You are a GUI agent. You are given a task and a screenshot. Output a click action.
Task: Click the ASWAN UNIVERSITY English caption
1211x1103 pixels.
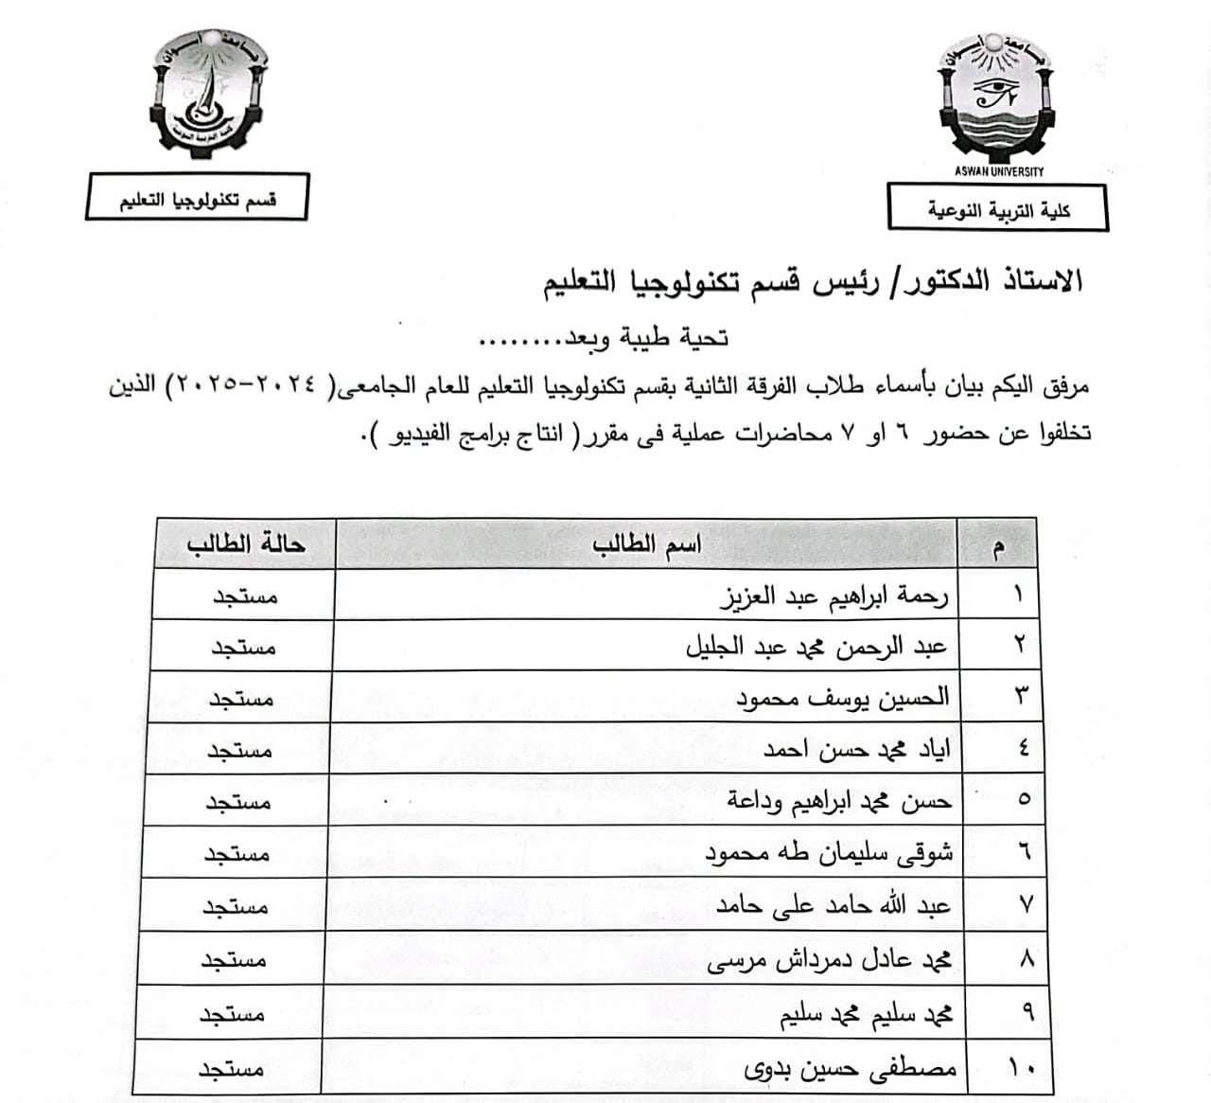pos(999,171)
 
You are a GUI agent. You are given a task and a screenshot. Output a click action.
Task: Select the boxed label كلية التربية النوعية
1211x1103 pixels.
pos(998,209)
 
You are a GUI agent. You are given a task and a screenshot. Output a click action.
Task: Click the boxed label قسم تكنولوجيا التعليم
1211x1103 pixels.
pos(197,199)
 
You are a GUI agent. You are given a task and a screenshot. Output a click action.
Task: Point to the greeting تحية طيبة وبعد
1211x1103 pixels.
pos(605,338)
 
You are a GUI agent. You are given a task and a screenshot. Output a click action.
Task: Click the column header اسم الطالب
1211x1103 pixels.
pos(647,544)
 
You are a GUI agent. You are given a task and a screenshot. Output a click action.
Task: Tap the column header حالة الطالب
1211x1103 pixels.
pos(245,544)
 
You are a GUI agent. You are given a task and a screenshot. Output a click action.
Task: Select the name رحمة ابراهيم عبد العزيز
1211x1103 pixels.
pos(834,596)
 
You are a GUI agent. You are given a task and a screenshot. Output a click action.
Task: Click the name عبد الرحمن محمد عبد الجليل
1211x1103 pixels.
pos(816,648)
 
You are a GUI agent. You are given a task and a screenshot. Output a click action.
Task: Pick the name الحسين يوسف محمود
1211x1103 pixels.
pos(842,699)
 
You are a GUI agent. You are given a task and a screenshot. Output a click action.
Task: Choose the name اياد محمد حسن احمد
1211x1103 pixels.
pos(857,750)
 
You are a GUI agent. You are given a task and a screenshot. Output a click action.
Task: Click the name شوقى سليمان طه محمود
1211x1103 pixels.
pos(829,853)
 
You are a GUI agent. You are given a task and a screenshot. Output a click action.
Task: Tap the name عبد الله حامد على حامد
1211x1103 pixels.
pos(833,906)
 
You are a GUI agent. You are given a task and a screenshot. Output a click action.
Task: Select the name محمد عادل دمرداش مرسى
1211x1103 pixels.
pos(829,961)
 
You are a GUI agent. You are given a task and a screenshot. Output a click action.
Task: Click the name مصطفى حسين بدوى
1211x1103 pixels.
pos(850,1069)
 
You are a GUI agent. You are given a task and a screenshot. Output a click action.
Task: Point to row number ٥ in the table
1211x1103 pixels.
pos(1024,800)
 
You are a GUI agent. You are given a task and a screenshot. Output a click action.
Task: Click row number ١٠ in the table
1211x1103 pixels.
pos(1021,1068)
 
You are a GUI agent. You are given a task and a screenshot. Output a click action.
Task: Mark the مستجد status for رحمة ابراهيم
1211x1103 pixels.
pos(244,596)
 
